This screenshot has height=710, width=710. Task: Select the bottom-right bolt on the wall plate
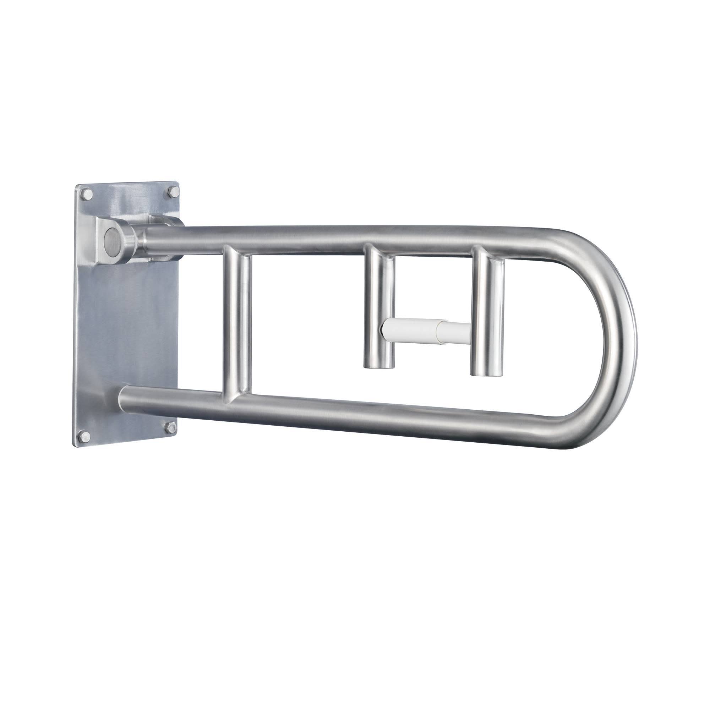(169, 426)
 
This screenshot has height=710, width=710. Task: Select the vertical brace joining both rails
(237, 323)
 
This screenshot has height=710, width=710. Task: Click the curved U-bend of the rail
(621, 331)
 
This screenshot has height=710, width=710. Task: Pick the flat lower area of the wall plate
(125, 331)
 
